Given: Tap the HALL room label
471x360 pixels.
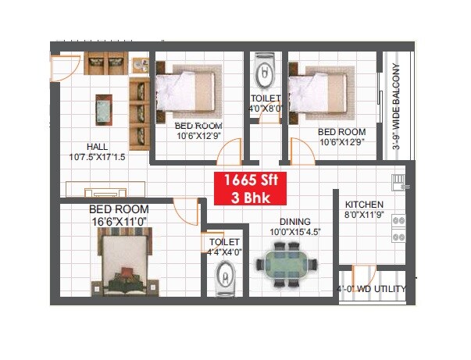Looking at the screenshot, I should click(x=98, y=147).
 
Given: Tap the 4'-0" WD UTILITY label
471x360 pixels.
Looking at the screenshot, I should click(x=371, y=289).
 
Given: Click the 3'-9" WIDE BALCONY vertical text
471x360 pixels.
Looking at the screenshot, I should click(x=396, y=106).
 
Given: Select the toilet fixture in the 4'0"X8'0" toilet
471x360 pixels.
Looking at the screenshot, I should click(x=265, y=75).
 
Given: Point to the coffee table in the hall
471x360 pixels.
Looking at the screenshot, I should click(x=102, y=109).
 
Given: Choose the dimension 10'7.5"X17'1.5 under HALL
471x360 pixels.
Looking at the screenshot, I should click(x=97, y=157).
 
